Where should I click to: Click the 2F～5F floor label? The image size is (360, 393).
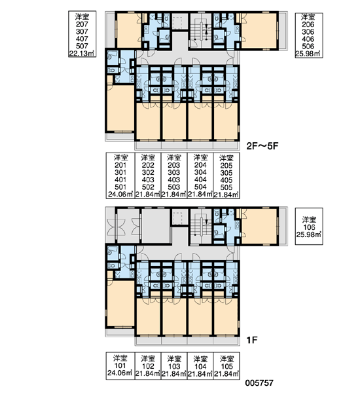click(x=262, y=146)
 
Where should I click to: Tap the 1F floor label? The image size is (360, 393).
click(x=252, y=341)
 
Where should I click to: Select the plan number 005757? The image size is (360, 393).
click(x=259, y=383)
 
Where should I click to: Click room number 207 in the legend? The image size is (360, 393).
click(x=82, y=24)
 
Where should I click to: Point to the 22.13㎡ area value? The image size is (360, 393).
click(x=82, y=54)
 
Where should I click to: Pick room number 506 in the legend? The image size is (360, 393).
click(x=308, y=46)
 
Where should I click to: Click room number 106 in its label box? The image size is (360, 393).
click(x=309, y=227)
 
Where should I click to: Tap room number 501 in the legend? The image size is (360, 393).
click(x=120, y=187)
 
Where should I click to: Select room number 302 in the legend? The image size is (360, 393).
click(x=148, y=172)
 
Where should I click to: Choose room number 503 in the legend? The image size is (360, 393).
click(x=174, y=187)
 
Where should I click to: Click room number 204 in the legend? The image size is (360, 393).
click(x=200, y=165)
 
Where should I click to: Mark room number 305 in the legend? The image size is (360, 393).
click(x=226, y=173)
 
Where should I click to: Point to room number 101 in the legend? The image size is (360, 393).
click(x=120, y=365)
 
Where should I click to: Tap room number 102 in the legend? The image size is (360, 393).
click(x=148, y=366)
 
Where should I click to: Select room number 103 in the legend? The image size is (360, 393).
click(x=174, y=366)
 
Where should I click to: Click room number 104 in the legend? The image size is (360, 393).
click(x=200, y=366)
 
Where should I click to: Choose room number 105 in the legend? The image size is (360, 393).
click(x=226, y=366)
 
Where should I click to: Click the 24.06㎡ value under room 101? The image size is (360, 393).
click(x=120, y=373)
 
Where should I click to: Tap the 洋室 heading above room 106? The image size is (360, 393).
click(x=309, y=220)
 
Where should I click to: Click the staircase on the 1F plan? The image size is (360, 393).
click(x=201, y=225)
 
